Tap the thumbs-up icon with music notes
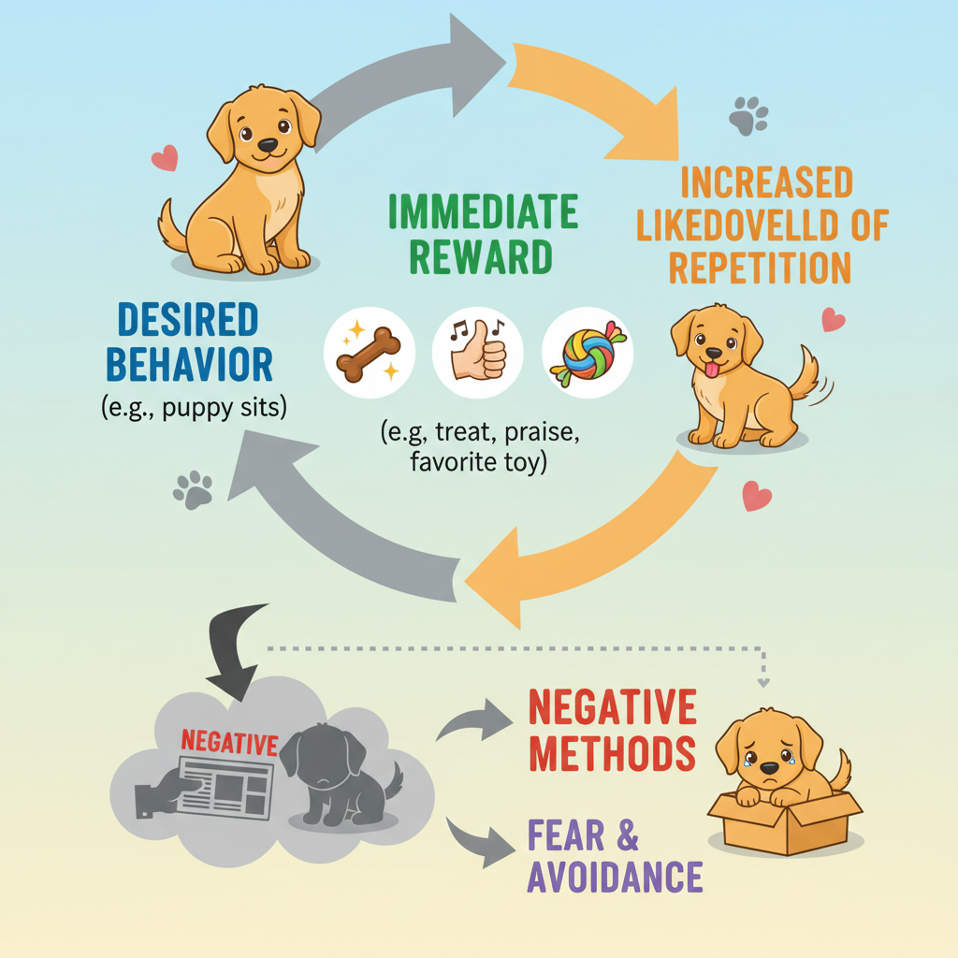[478, 354]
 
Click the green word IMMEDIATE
[483, 214]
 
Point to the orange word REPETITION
[760, 268]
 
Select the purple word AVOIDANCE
[614, 877]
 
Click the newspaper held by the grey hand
[225, 783]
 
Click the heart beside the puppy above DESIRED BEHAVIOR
[165, 158]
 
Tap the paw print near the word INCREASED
[748, 117]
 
